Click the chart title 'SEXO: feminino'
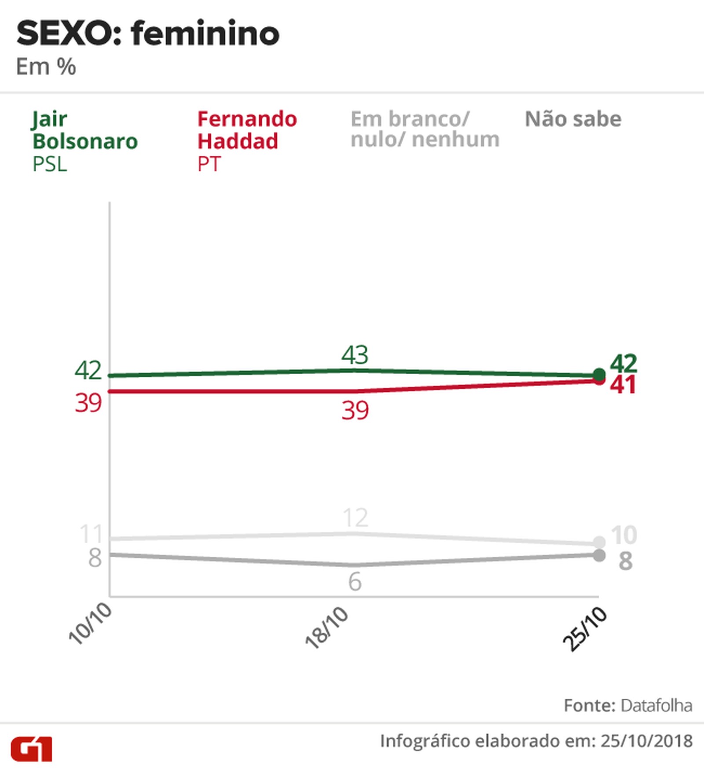pyautogui.click(x=148, y=34)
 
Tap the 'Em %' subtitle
pyautogui.click(x=46, y=67)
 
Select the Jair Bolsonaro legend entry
pyautogui.click(x=84, y=141)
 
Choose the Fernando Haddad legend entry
pyautogui.click(x=247, y=141)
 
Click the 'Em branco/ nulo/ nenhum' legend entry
pyautogui.click(x=425, y=129)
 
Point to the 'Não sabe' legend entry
pyautogui.click(x=573, y=119)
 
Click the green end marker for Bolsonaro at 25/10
pyautogui.click(x=599, y=375)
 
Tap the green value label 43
pyautogui.click(x=355, y=355)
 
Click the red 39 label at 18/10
pyautogui.click(x=355, y=410)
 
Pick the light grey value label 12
pyautogui.click(x=355, y=518)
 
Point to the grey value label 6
pyautogui.click(x=355, y=582)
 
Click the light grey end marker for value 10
pyautogui.click(x=599, y=542)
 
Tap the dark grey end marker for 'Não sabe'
pyautogui.click(x=599, y=555)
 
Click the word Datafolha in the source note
pyautogui.click(x=656, y=706)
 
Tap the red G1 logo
pyautogui.click(x=32, y=749)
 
